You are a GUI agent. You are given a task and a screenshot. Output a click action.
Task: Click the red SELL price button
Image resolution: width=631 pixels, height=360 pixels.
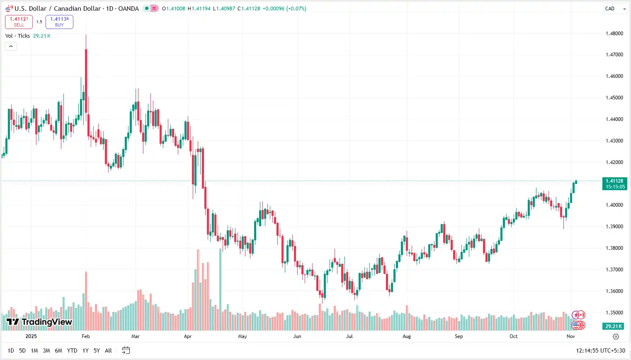coord(19,22)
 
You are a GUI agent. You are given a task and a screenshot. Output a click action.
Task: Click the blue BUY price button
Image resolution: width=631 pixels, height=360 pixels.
coord(59,22)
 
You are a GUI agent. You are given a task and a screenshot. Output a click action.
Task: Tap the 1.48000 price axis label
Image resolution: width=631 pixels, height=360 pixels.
coord(614,34)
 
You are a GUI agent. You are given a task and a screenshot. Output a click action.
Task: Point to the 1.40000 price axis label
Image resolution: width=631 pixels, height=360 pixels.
coord(614,205)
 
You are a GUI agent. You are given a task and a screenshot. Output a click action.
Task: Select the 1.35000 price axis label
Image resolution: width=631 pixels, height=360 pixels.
coord(614,313)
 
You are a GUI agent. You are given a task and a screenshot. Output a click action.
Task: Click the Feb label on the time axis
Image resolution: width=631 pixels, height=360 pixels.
coord(85,336)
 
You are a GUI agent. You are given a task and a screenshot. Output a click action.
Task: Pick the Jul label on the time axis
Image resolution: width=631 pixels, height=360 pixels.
coord(349,336)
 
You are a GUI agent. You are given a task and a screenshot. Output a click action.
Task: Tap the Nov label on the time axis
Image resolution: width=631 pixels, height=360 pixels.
coord(571,336)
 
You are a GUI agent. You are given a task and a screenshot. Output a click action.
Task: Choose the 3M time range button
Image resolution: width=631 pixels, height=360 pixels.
coord(46,350)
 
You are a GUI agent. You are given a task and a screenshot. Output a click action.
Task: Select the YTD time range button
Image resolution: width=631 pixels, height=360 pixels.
coord(72,350)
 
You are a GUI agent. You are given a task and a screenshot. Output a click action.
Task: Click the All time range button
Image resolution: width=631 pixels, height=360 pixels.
coord(108,350)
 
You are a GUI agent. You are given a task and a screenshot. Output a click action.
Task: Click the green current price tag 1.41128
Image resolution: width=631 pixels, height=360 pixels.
coord(614,184)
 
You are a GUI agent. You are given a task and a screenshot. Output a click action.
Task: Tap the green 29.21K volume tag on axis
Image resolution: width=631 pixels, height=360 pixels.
coord(614,326)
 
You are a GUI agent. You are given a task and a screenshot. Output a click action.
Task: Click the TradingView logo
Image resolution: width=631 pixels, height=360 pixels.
coord(39,322)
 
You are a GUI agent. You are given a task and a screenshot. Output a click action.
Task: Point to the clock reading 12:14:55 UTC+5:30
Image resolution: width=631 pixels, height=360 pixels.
coord(600,350)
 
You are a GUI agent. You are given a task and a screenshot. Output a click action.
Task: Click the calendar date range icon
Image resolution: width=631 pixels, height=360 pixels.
coord(126,350)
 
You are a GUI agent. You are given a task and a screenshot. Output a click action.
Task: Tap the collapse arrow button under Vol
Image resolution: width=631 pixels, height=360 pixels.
coord(11,46)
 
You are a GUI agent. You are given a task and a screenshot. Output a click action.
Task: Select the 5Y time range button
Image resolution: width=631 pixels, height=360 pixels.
coord(97,350)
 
